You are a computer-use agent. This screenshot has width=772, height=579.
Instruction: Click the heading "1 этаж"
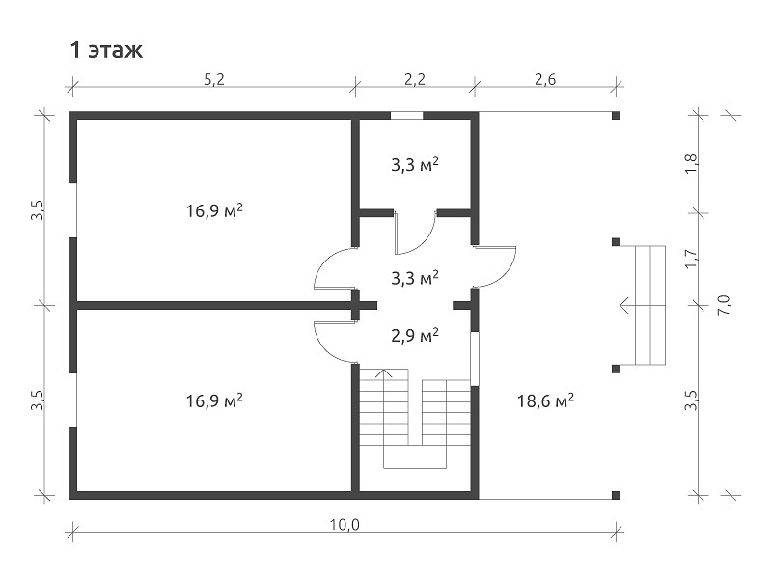(x=106, y=50)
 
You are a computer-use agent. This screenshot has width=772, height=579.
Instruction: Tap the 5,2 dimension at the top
(x=214, y=79)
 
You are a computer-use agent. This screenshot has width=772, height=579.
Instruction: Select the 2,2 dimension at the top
(x=415, y=79)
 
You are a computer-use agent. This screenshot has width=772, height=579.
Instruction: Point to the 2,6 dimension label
(x=545, y=79)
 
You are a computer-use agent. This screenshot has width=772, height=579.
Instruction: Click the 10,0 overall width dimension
(x=345, y=525)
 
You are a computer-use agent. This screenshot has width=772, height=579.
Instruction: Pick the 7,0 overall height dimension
(x=726, y=306)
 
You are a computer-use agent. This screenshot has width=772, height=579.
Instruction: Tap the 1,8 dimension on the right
(x=691, y=163)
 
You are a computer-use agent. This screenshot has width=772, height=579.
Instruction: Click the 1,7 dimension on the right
(x=691, y=259)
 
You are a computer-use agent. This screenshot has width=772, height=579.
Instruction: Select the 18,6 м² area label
(x=545, y=400)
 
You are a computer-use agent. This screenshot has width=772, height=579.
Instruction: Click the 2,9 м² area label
(x=415, y=335)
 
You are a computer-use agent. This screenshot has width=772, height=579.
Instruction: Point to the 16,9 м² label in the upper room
(x=214, y=210)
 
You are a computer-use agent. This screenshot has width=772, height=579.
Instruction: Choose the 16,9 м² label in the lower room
(x=214, y=400)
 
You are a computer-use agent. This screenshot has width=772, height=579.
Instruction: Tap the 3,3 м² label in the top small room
(x=415, y=165)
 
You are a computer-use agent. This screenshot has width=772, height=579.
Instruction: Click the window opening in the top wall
(x=406, y=116)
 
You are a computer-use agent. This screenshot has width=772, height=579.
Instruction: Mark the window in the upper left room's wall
(x=73, y=210)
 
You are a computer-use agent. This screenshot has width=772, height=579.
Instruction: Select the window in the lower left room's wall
(x=73, y=400)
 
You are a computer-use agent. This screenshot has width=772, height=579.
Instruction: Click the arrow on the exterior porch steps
(x=642, y=305)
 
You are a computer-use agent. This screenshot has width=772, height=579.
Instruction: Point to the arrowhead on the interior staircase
(x=383, y=372)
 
